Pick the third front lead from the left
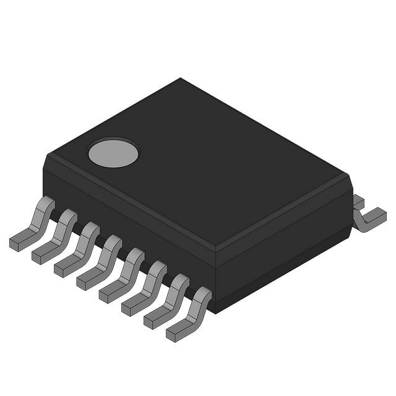tap(79, 249)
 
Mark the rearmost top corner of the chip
tap(180, 79)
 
